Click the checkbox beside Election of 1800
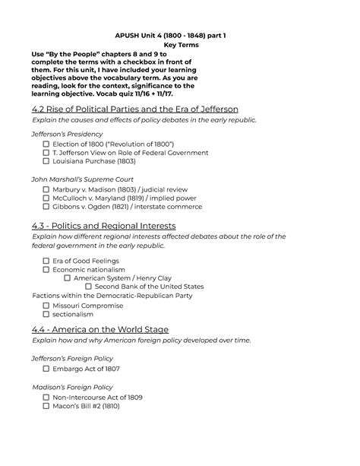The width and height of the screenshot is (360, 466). point(46,144)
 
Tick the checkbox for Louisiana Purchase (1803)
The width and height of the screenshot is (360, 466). point(46,162)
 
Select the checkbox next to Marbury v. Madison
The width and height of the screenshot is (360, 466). point(46,189)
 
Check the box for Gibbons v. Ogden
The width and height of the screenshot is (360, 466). point(46,207)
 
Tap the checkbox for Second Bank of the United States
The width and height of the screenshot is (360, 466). point(88,287)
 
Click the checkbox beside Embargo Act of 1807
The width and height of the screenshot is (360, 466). point(46,369)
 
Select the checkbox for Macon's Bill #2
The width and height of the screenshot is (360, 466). point(46,406)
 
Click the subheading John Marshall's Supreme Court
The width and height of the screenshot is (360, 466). point(81,180)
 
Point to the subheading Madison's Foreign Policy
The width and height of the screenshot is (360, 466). point(73,388)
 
